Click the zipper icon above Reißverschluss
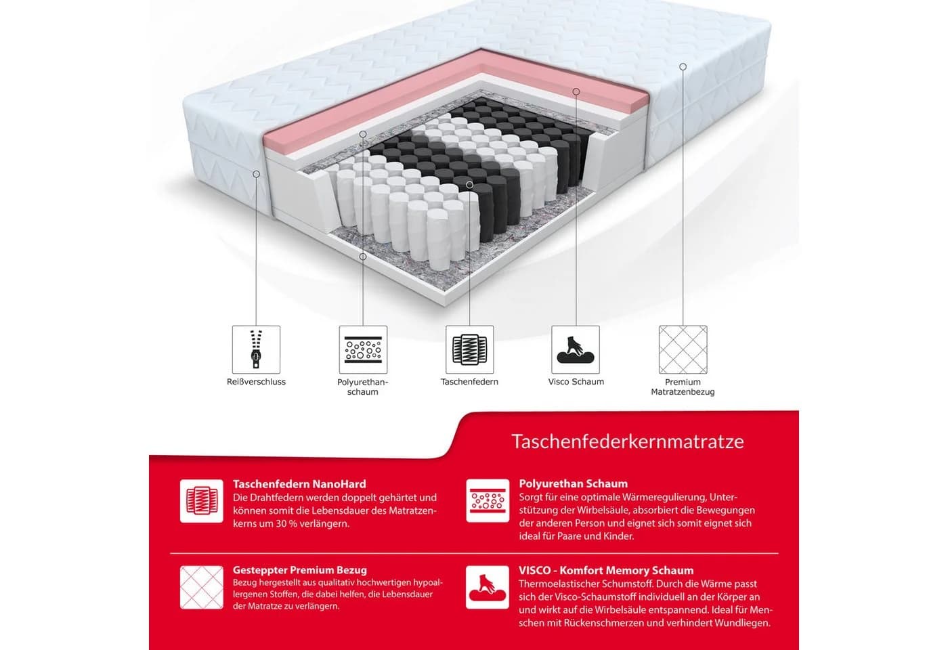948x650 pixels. (x=256, y=349)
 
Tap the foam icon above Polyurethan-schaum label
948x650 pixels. (x=363, y=349)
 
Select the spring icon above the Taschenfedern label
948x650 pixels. (x=469, y=349)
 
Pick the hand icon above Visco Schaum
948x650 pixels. (x=576, y=349)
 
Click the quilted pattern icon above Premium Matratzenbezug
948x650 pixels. (x=683, y=349)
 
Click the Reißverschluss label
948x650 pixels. (x=256, y=382)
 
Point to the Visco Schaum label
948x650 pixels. (x=576, y=382)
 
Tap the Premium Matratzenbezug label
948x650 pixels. (x=683, y=387)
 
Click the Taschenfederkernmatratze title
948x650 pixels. (x=628, y=441)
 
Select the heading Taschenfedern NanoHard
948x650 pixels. (x=299, y=484)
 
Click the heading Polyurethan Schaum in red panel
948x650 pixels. (x=573, y=483)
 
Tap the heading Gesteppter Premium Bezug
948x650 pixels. (x=299, y=570)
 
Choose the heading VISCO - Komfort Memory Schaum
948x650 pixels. (x=606, y=570)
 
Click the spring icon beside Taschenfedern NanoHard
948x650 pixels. (x=202, y=501)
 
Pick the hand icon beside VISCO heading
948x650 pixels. (x=488, y=588)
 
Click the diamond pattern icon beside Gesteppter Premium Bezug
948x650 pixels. (x=202, y=588)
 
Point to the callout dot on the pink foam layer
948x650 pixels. (x=576, y=91)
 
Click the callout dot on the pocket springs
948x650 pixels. (x=469, y=184)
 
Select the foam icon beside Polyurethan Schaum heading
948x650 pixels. (x=488, y=500)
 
